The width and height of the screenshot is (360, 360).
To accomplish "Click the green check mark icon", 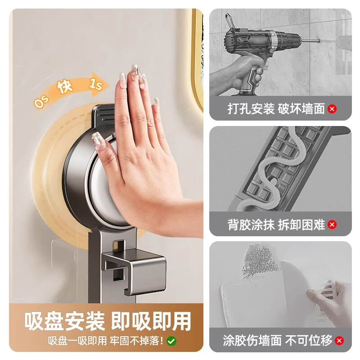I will [x=171, y=341].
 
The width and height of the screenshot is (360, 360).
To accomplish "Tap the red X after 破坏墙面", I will [x=332, y=109].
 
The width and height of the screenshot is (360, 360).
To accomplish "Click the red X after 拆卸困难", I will [x=332, y=225].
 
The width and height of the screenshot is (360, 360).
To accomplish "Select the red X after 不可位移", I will [x=339, y=340].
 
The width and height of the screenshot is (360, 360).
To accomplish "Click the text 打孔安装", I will [x=250, y=109].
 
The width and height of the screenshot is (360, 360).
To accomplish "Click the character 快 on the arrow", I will [x=64, y=87].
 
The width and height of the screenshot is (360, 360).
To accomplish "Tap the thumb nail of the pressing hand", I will [x=98, y=140].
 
